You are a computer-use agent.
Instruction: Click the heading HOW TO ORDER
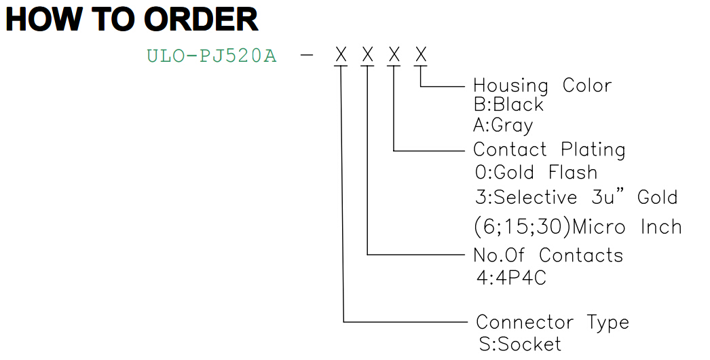click(132, 20)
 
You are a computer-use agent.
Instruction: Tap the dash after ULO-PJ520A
click(307, 56)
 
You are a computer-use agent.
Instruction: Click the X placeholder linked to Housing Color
click(421, 55)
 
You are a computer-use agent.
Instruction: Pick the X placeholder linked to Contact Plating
click(394, 55)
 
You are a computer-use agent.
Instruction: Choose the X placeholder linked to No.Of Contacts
click(368, 55)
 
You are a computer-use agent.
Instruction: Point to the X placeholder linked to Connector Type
click(341, 55)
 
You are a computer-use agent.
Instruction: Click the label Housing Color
click(542, 85)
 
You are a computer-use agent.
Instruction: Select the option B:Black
click(508, 105)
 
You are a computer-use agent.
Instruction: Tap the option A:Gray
click(503, 125)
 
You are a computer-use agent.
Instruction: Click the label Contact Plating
click(549, 149)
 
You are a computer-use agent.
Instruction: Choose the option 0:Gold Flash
click(536, 173)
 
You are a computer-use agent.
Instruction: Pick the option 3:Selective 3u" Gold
click(576, 197)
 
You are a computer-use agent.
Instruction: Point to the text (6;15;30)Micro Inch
click(578, 227)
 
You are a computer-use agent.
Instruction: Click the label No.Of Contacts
click(548, 255)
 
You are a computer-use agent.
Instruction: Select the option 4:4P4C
click(511, 278)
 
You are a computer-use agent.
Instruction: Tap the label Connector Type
click(553, 323)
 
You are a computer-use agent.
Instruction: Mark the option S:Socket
click(520, 344)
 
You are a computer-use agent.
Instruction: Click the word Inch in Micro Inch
click(661, 227)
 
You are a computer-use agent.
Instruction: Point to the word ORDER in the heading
click(201, 20)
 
